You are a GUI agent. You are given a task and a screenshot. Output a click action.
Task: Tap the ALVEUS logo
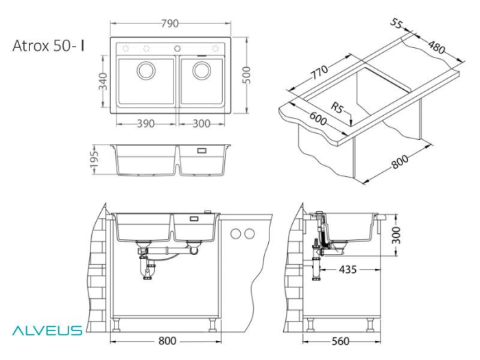[x=46, y=331]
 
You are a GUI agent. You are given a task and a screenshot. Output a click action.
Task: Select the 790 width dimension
[x=171, y=23]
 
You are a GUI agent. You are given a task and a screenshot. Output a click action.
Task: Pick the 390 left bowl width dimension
[x=143, y=123]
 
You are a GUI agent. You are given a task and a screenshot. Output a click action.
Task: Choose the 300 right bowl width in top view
[x=200, y=123]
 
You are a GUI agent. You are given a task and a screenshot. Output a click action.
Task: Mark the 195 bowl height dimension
[x=98, y=160]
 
